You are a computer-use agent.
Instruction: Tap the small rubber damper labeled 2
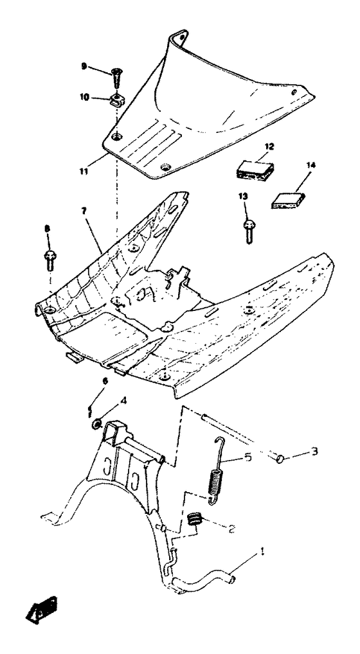pos(194,517)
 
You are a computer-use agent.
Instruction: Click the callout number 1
pos(262,551)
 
